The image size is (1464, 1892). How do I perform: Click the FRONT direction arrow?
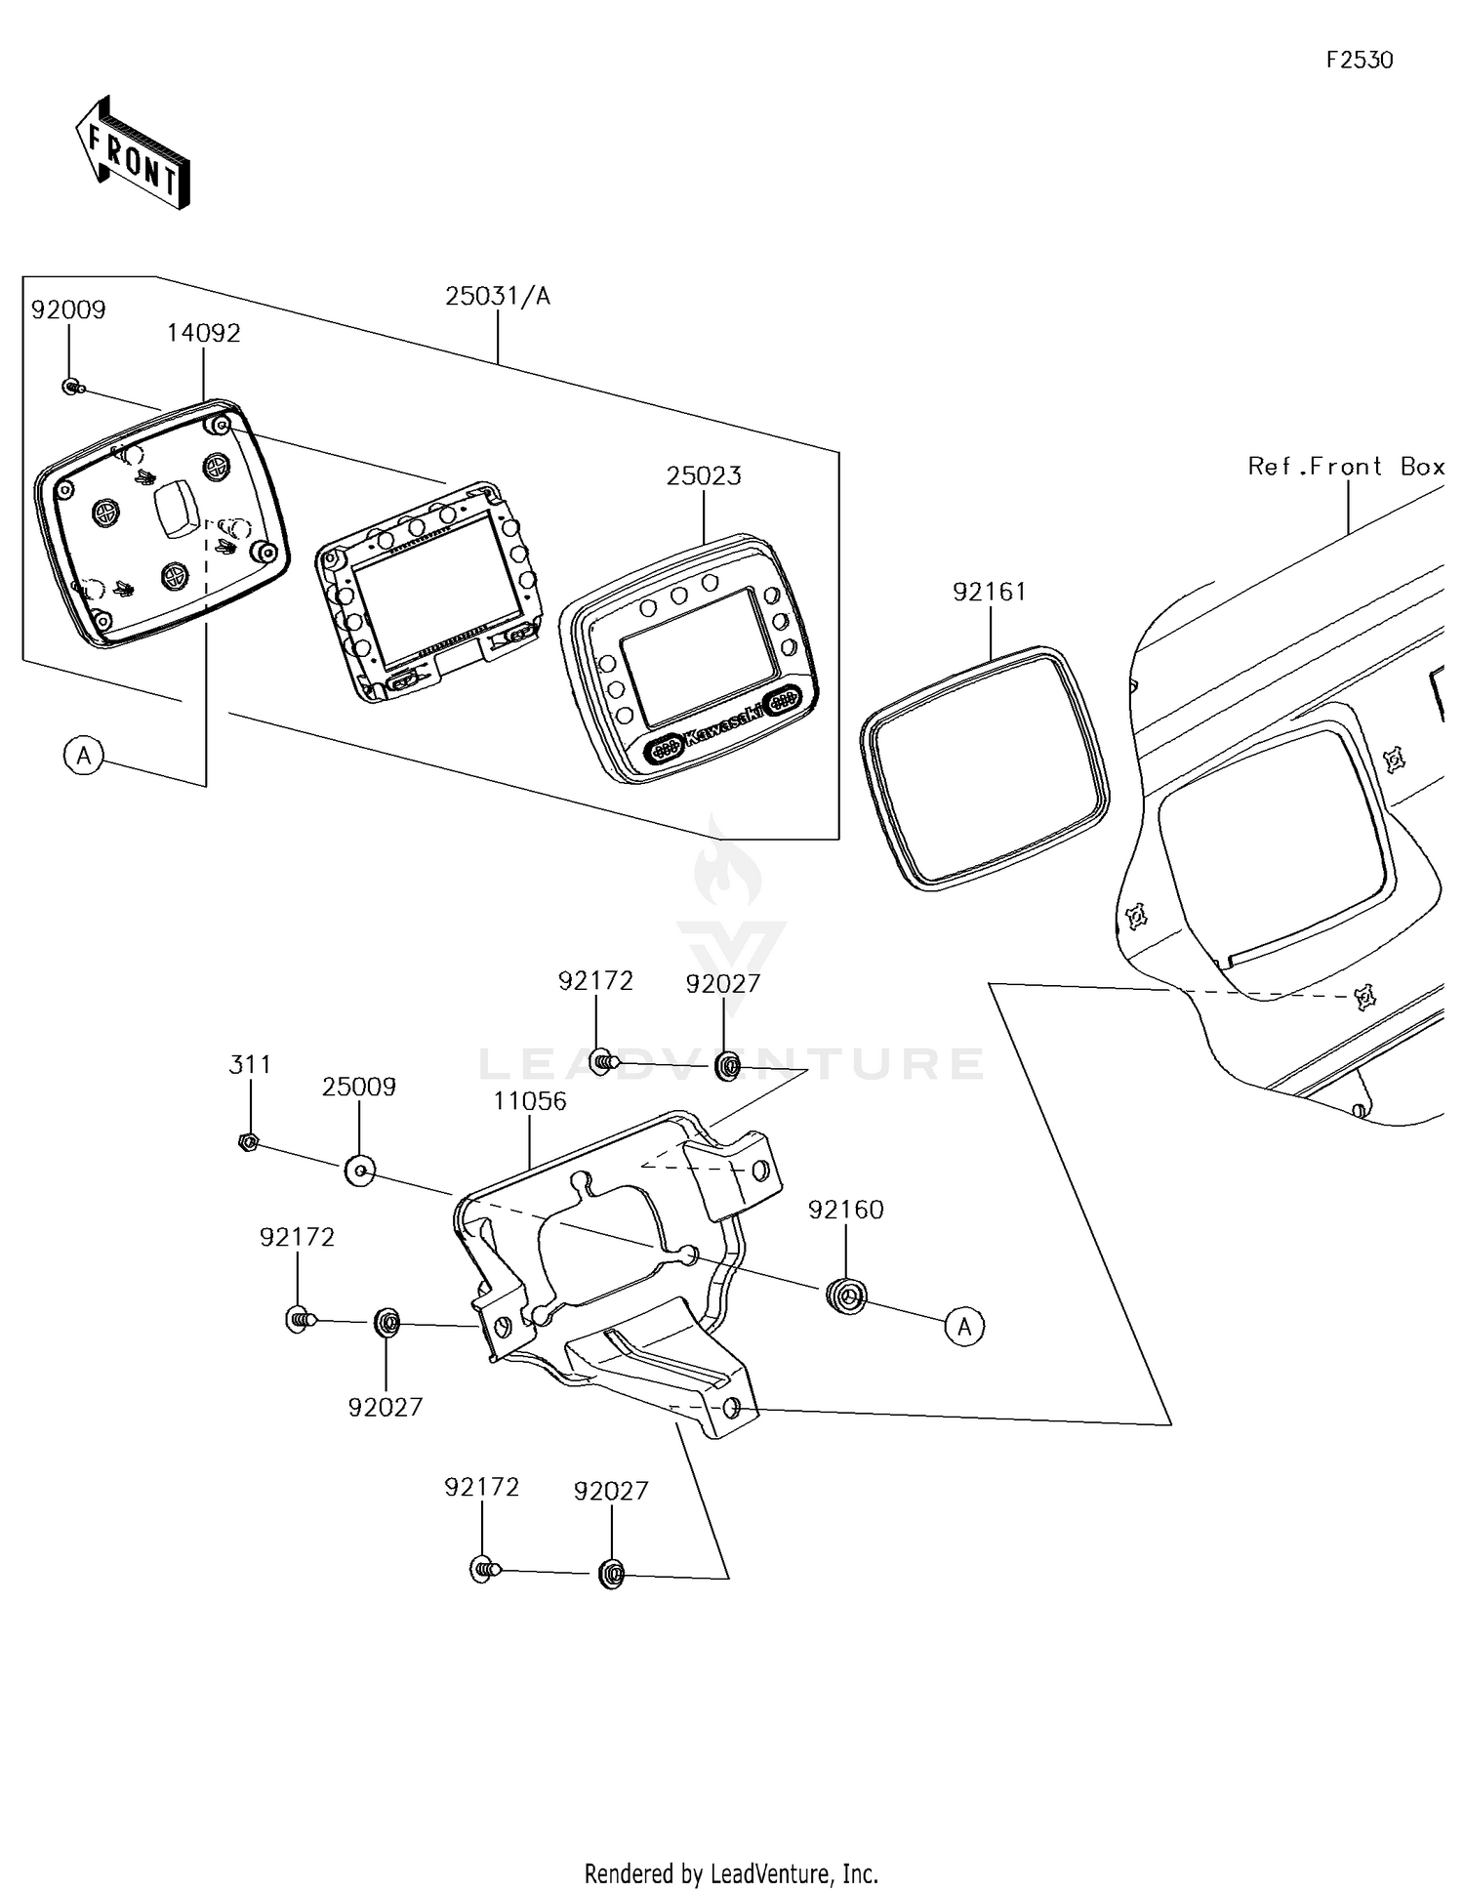point(132,152)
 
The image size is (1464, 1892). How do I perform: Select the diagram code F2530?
point(1360,61)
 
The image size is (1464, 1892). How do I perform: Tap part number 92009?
point(68,309)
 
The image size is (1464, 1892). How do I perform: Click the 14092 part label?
point(203,333)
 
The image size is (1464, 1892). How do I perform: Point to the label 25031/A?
point(498,296)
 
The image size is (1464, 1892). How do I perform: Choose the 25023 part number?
point(704,476)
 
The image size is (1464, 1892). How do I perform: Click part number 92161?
point(990,592)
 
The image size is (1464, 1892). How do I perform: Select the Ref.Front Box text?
point(1346,467)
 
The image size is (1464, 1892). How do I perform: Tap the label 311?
point(250,1064)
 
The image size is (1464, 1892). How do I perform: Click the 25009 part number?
point(359,1088)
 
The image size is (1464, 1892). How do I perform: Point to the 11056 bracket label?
point(529,1101)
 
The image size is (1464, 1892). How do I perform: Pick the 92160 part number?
point(845,1210)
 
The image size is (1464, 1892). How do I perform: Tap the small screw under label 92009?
point(71,388)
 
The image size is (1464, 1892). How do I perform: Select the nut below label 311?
point(248,1140)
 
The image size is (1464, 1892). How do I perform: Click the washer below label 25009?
point(359,1169)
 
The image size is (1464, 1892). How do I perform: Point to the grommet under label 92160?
point(846,1296)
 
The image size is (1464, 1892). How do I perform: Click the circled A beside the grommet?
point(964,1327)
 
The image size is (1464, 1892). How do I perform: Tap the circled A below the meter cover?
point(84,756)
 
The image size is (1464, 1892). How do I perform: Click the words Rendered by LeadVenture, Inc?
point(731,1873)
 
